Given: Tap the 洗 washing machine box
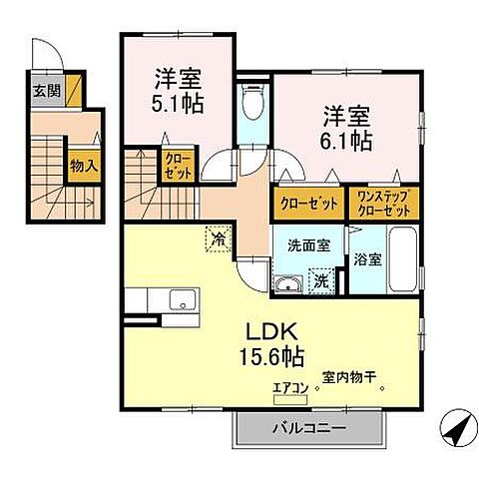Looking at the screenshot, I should [x=321, y=283].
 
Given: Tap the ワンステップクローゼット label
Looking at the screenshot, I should [x=384, y=204].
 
